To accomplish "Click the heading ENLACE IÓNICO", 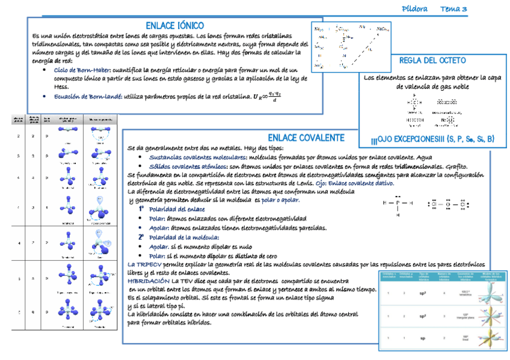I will click(174, 26).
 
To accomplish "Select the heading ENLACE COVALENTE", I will click(306, 138).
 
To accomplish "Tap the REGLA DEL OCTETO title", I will click(432, 61).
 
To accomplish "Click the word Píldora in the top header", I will click(414, 9).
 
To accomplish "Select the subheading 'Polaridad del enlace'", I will click(175, 209).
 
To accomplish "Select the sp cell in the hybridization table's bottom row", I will click(422, 338).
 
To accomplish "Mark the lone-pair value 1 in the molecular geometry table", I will click(47, 207).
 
